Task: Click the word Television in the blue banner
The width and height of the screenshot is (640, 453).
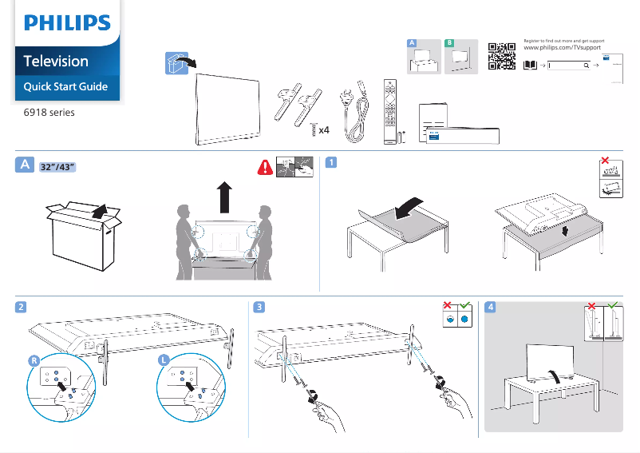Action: click(x=56, y=61)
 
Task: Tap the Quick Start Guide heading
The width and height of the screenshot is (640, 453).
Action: click(x=65, y=86)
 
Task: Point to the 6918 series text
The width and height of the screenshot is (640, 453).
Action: click(x=49, y=113)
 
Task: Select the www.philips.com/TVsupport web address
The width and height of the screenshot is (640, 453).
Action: click(x=563, y=49)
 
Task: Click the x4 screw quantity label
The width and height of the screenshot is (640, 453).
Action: click(x=324, y=130)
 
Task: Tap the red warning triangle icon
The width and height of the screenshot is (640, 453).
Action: click(x=264, y=167)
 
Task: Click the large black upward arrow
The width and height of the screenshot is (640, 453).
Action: click(x=224, y=197)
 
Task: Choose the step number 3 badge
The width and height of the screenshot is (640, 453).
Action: click(x=259, y=307)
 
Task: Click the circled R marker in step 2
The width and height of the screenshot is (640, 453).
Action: click(x=34, y=360)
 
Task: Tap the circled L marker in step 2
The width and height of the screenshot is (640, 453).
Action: click(x=163, y=360)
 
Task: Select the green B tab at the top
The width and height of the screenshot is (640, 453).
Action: click(x=450, y=42)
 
